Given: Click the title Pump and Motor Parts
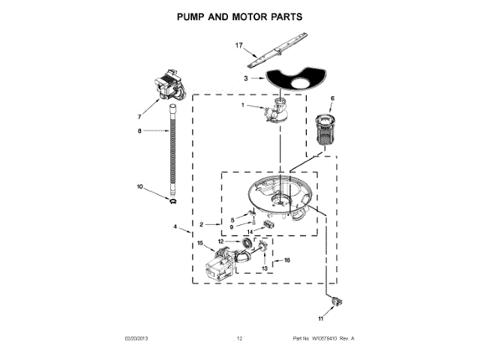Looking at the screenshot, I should coord(239,15).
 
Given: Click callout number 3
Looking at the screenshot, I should coord(245,78).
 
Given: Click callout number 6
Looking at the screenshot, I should coord(332,99).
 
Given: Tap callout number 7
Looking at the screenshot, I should coord(139,116).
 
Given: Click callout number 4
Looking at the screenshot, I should coord(175,226).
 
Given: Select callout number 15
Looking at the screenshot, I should coord(200,242).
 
